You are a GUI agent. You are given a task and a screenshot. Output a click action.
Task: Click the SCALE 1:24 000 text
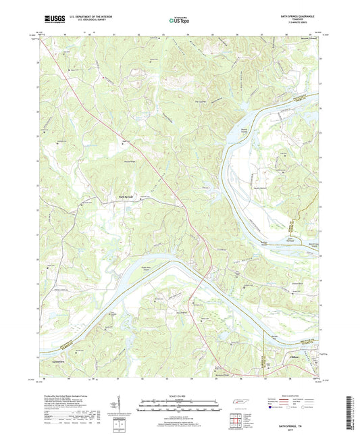tap(180, 396)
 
